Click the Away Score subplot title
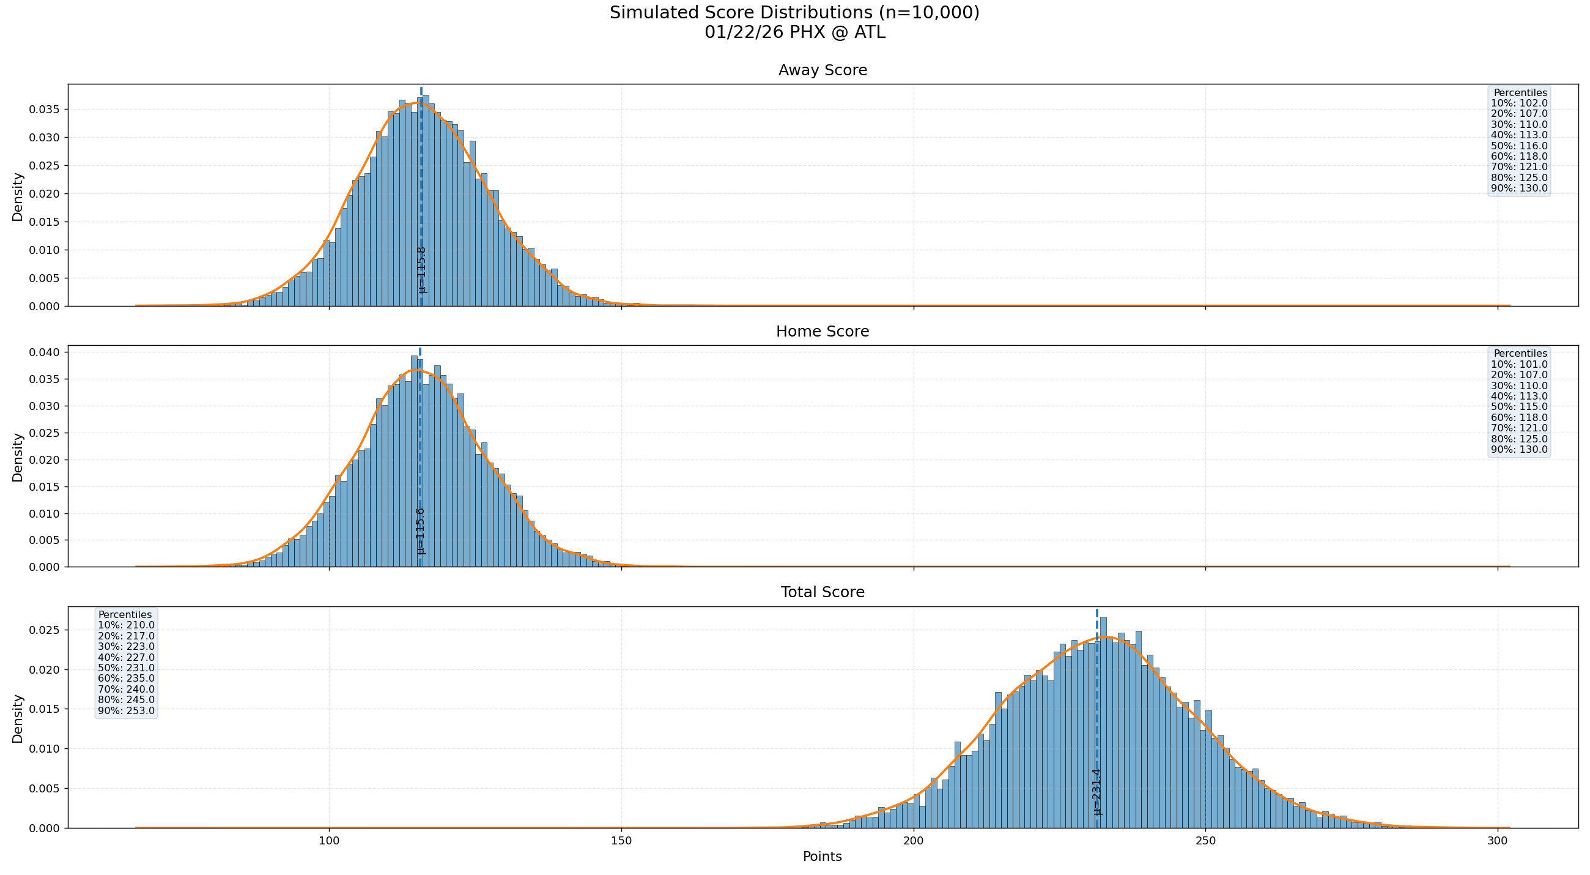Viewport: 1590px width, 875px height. (822, 70)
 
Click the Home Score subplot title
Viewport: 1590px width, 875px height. (822, 332)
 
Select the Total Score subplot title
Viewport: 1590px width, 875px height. (822, 592)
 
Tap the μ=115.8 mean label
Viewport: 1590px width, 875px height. (421, 270)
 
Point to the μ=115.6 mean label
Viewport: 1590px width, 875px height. (420, 531)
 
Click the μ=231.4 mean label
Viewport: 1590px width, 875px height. (1097, 792)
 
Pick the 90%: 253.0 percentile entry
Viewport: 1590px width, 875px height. (126, 711)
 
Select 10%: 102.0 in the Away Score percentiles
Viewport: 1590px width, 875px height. (1519, 103)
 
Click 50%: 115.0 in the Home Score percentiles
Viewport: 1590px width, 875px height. (1519, 407)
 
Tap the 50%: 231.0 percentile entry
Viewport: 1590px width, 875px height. (126, 668)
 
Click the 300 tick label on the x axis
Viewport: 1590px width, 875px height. (1498, 841)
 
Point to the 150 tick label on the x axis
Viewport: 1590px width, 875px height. (621, 841)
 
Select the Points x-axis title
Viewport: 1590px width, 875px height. (822, 857)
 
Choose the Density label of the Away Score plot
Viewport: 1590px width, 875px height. (17, 197)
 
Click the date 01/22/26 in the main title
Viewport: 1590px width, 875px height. (732, 32)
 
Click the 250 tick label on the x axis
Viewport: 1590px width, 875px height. (1205, 841)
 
